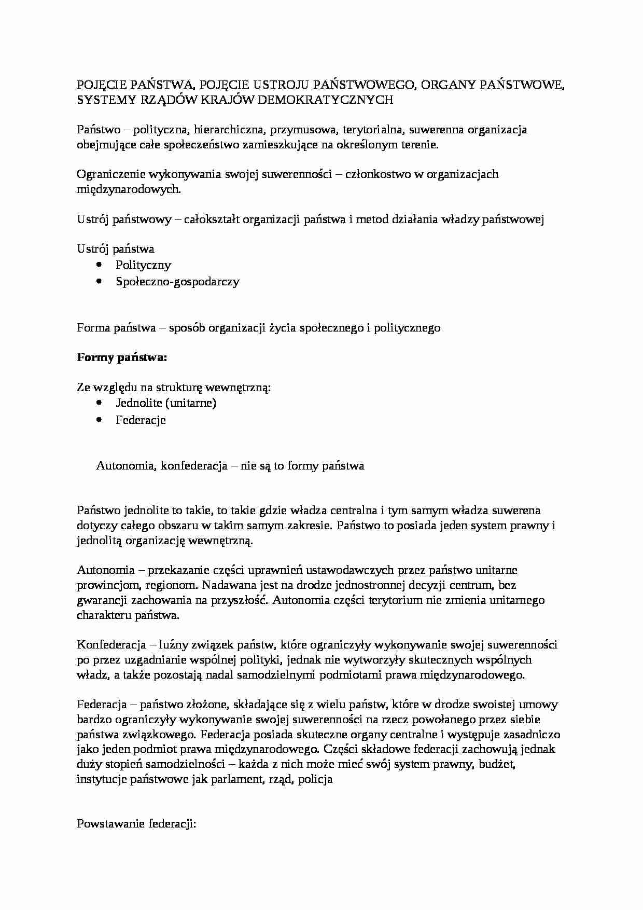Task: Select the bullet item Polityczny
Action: [143, 265]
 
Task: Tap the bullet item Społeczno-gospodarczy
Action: [177, 282]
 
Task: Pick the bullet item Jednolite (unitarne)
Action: [166, 403]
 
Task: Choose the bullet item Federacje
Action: [141, 420]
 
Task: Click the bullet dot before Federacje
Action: [100, 420]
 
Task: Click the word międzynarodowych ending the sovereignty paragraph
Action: [129, 189]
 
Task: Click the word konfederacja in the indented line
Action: [194, 466]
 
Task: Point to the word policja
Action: [315, 780]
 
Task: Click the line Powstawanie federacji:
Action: [136, 824]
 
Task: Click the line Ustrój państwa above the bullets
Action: [115, 249]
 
